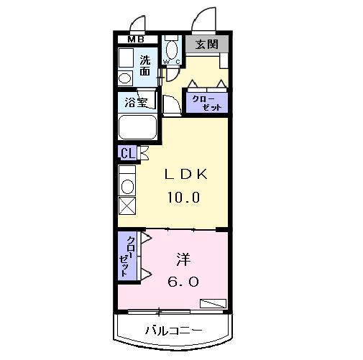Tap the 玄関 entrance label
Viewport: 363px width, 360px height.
coord(208,45)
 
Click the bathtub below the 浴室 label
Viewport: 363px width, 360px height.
coord(139,128)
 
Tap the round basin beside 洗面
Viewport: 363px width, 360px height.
coord(124,78)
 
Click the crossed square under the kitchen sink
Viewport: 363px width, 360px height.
coord(127,206)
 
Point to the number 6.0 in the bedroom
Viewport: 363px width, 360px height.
coord(183,282)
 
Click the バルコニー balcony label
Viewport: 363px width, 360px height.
coord(173,331)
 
